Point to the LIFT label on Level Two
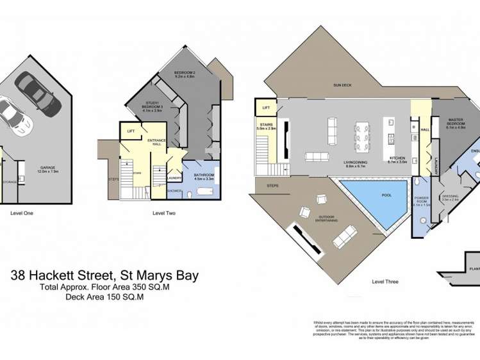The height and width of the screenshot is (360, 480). [x=131, y=131]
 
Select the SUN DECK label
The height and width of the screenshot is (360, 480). [x=342, y=85]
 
